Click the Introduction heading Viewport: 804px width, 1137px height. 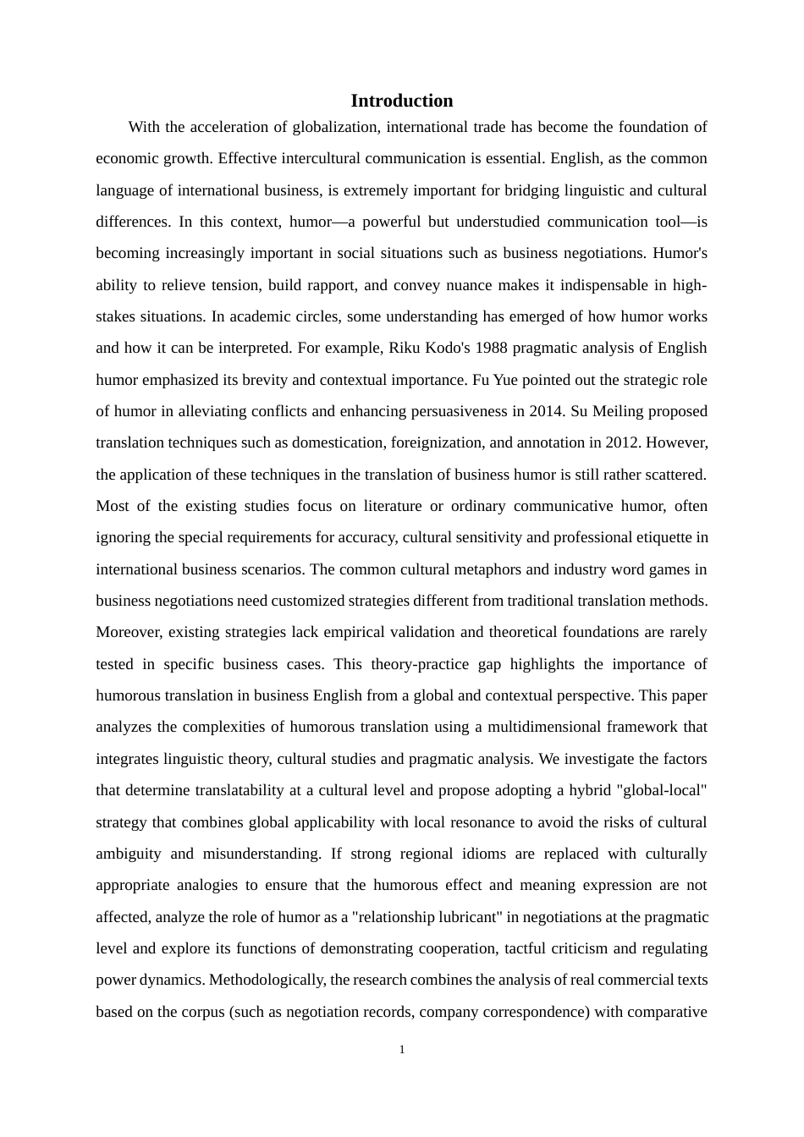point(401,101)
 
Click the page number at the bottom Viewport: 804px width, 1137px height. point(402,1050)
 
